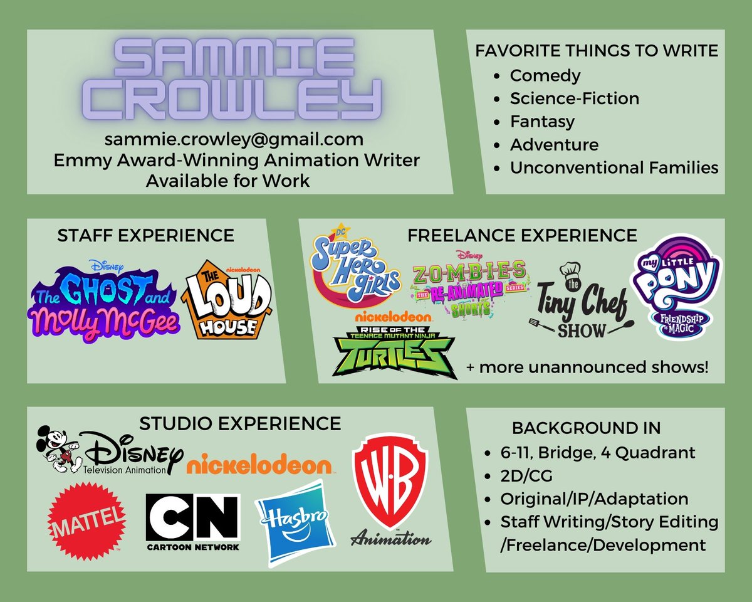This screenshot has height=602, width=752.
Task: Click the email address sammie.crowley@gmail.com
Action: [234, 139]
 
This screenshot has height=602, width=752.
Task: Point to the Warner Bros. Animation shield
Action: [390, 483]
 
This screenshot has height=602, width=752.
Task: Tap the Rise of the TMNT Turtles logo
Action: [394, 352]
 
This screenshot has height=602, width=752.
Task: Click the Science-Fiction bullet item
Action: [574, 98]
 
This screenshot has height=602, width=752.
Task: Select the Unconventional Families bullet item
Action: [614, 167]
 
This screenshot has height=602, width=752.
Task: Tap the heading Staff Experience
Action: [145, 235]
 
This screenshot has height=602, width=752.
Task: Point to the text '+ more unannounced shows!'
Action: [587, 367]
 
